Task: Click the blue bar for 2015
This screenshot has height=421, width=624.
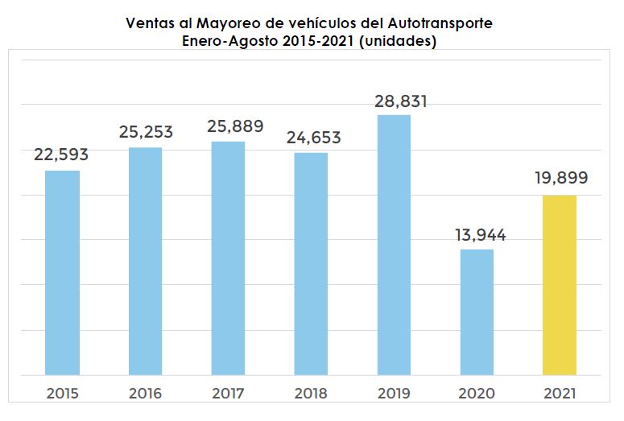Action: tap(62, 273)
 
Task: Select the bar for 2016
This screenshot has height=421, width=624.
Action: tap(145, 261)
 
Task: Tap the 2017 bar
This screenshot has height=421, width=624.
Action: tap(228, 258)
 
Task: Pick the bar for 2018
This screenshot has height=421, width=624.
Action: tap(311, 264)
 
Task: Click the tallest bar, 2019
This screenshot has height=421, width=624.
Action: tap(394, 245)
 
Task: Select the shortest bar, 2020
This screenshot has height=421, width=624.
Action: tap(477, 312)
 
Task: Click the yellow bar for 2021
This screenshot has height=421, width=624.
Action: tap(560, 285)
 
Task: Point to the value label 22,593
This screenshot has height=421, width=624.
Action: tap(61, 155)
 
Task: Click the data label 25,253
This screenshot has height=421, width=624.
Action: tap(146, 132)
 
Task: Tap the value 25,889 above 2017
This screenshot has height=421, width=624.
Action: tap(229, 126)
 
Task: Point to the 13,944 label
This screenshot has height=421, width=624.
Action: tap(478, 235)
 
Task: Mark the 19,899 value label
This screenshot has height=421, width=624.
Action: tap(561, 178)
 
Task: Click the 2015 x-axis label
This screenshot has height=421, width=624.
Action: tap(62, 394)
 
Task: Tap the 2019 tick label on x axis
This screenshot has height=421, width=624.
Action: tap(394, 394)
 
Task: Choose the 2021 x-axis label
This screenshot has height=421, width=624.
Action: tap(560, 394)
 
